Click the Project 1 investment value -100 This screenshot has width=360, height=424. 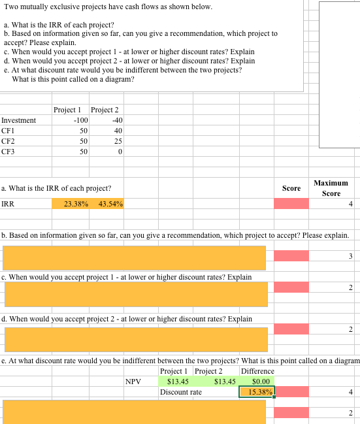pos(81,120)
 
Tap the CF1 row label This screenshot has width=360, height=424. pos(8,131)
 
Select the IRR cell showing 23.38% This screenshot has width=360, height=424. pos(76,204)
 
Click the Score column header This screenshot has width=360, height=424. pos(291,188)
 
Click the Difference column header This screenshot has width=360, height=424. pos(257,372)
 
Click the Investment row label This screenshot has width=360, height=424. pos(18,120)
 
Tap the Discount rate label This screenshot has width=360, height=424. pos(181,392)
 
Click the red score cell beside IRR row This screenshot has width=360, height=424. pos(291,204)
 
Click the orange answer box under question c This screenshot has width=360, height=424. pos(136,294)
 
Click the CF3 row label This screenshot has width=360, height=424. pos(8,152)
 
